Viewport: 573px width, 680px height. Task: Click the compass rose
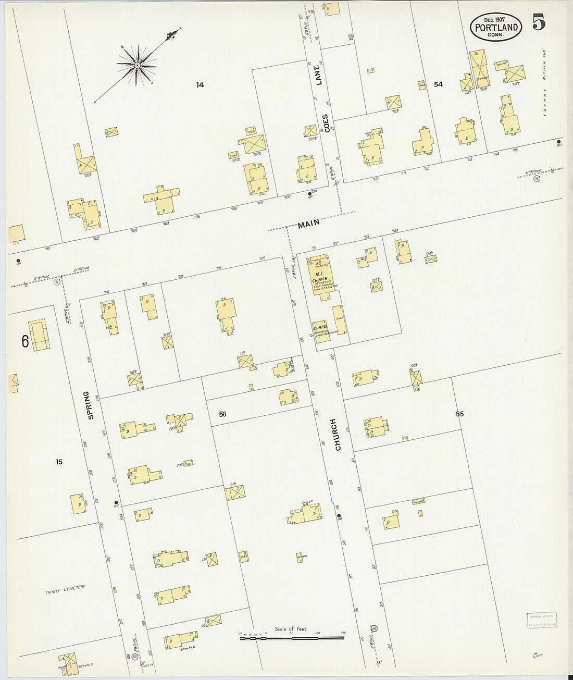click(137, 65)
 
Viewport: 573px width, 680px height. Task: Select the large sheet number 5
click(539, 24)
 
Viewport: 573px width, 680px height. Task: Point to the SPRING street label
click(92, 405)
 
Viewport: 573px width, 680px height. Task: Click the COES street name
click(326, 123)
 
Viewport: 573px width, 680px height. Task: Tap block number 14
click(200, 84)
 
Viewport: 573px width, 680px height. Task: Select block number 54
click(438, 84)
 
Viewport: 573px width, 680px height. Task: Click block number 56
click(222, 414)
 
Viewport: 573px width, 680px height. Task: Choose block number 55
click(459, 414)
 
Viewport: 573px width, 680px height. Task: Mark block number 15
click(59, 461)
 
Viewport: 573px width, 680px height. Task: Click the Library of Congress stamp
click(541, 620)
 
